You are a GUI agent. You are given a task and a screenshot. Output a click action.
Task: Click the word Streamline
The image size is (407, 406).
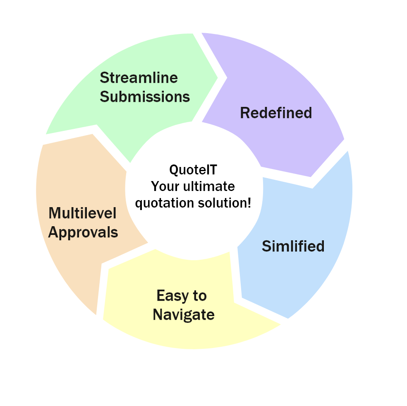coord(139,77)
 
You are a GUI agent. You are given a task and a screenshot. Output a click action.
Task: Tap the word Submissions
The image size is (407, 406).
coord(145,97)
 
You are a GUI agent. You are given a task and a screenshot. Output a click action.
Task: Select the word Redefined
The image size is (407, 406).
coord(276,113)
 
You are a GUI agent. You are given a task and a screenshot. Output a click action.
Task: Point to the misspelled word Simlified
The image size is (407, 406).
coord(293,246)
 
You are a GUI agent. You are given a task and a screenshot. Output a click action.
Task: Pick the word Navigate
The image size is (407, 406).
coord(183,315)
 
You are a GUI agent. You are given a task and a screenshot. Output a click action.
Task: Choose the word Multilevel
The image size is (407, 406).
coord(82,213)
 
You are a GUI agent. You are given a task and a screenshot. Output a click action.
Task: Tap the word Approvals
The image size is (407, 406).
coord(83,232)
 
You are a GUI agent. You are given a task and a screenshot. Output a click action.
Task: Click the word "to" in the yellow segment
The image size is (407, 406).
coord(199,296)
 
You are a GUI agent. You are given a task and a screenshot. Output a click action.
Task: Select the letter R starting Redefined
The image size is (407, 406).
coord(245,113)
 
